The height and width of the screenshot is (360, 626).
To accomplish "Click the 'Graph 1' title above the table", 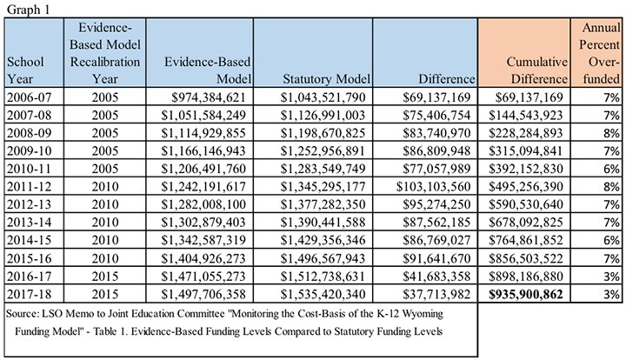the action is coord(29,9).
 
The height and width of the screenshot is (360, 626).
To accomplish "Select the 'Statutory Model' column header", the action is coord(327,79).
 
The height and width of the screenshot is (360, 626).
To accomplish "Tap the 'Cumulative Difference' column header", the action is coord(536,70).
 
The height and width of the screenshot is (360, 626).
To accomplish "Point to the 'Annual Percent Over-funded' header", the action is coord(600,53).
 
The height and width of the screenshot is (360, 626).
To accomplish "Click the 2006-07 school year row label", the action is coord(30,97).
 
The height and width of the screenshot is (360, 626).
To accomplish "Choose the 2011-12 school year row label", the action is coord(30,186).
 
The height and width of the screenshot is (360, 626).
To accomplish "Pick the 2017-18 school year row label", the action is coord(30,294).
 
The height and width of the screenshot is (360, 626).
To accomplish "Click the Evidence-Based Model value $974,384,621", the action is coord(209,97).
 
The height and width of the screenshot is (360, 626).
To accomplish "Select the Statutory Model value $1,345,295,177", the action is coord(323,186).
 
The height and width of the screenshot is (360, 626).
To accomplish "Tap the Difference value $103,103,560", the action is coord(434,186).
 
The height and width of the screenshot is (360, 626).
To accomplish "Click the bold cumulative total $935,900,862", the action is coord(526,294).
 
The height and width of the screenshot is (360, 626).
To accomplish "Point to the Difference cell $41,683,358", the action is coord(436,277).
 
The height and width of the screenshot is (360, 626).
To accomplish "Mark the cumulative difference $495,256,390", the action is coord(526,186).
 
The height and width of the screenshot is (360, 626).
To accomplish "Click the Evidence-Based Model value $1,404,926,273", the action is coord(203,258).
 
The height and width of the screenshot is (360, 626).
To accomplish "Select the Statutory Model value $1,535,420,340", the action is coord(323,294).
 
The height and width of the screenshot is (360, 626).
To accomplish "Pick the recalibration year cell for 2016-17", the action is coord(105,277).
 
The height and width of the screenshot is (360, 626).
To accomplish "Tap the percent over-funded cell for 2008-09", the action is coord(611,133).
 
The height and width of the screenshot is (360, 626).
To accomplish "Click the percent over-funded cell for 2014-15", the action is coord(611,240).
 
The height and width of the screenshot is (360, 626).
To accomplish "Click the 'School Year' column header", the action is coord(26,70).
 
